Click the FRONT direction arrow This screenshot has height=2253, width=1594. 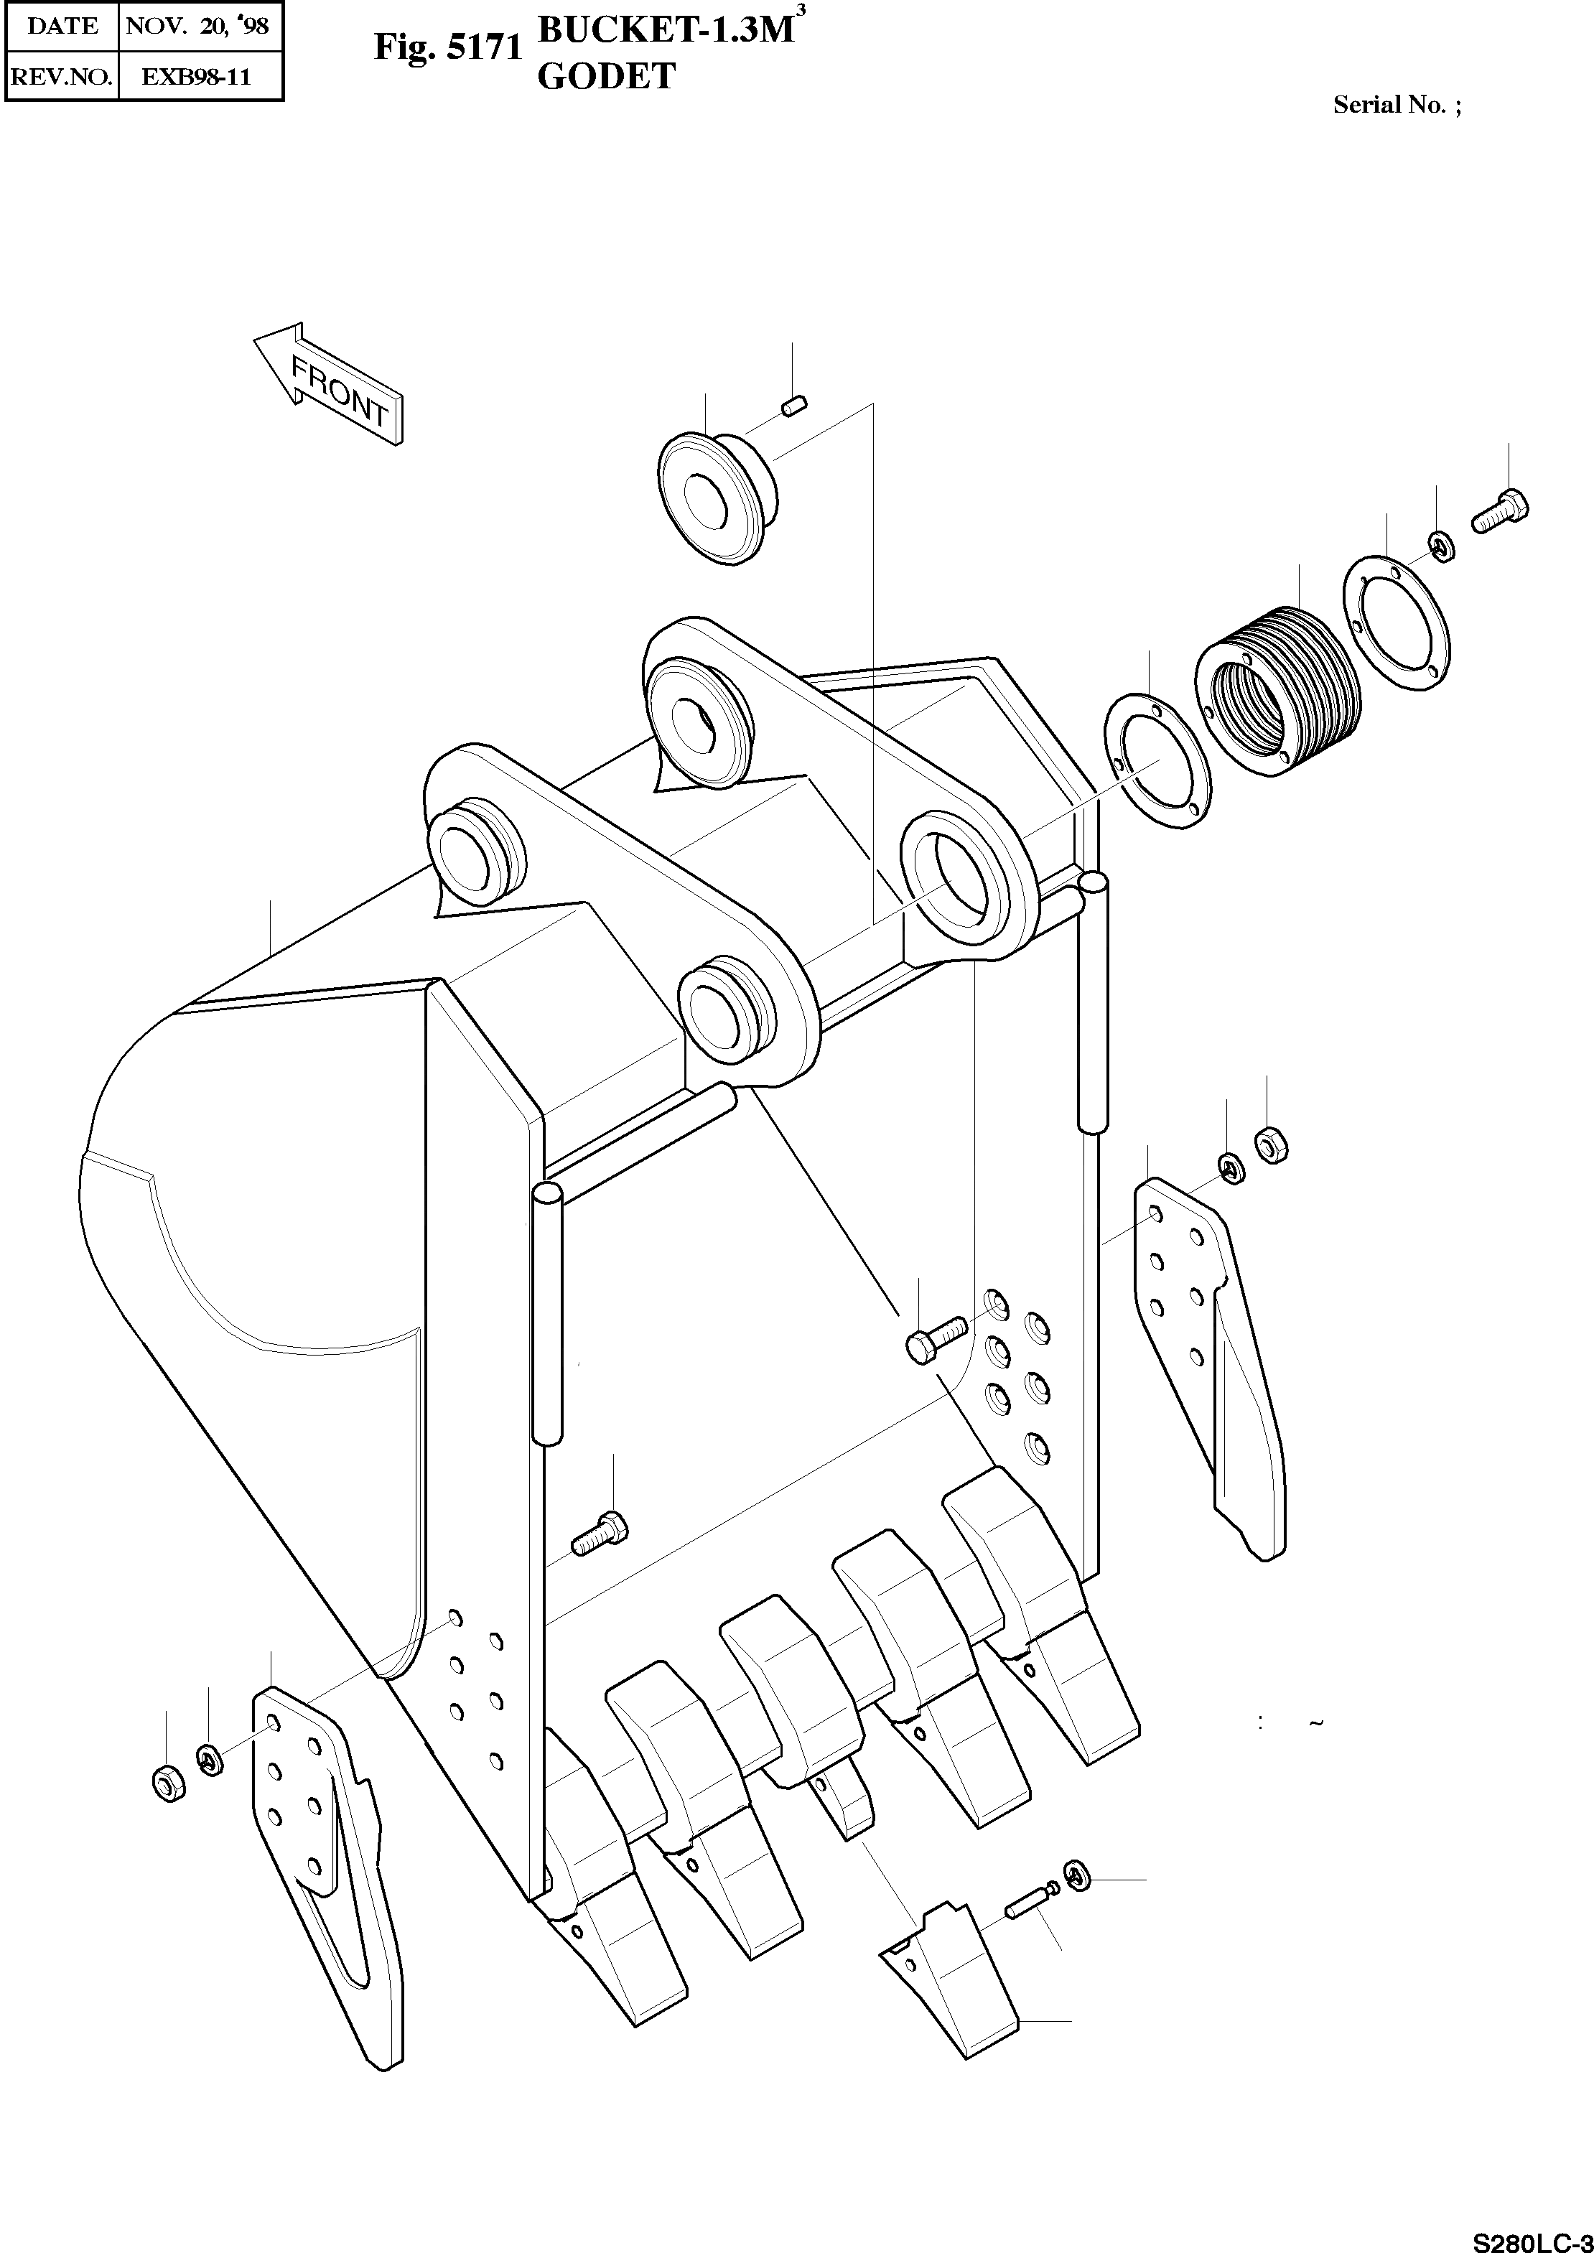(x=330, y=383)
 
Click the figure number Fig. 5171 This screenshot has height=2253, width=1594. (x=447, y=48)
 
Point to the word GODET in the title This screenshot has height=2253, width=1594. (x=607, y=77)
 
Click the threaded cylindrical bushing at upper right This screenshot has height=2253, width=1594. (x=1278, y=692)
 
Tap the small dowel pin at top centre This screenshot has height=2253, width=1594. (x=795, y=404)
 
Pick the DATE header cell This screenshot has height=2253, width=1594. (x=62, y=27)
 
